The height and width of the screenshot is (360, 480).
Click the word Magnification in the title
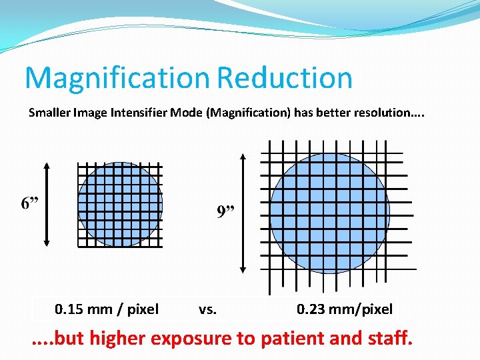(118, 78)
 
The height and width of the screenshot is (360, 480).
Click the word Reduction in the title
(284, 78)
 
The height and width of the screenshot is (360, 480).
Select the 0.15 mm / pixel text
(107, 309)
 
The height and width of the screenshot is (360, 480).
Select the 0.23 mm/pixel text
(345, 309)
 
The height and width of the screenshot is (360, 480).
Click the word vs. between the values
(208, 309)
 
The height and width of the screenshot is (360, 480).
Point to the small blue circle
(120, 204)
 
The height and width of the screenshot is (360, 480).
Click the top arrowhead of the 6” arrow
(47, 164)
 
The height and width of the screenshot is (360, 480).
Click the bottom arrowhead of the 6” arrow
(47, 244)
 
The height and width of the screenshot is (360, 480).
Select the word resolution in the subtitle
(381, 113)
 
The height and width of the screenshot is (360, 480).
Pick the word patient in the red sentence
(291, 338)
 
